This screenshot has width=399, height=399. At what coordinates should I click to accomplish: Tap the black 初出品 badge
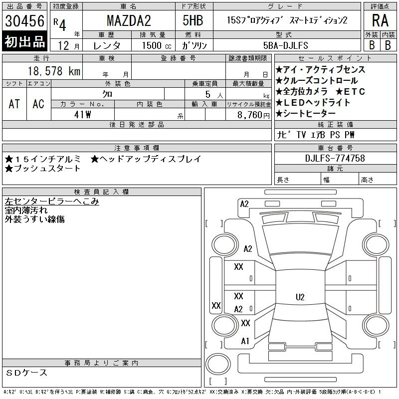pyautogui.click(x=24, y=42)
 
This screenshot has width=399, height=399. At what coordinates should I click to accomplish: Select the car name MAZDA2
pyautogui.click(x=129, y=21)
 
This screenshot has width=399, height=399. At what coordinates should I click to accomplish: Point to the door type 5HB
pyautogui.click(x=193, y=21)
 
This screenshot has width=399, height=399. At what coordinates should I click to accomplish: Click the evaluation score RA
pyautogui.click(x=381, y=21)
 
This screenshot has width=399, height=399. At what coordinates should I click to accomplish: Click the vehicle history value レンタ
pyautogui.click(x=107, y=45)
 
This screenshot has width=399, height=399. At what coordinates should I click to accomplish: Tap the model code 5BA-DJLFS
pyautogui.click(x=286, y=45)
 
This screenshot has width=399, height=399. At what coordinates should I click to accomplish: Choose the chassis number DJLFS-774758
pyautogui.click(x=335, y=159)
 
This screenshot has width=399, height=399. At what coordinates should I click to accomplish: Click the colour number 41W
pyautogui.click(x=82, y=114)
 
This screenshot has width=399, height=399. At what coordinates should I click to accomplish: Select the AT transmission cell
pyautogui.click(x=14, y=104)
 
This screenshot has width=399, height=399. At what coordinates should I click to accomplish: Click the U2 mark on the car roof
pyautogui.click(x=300, y=297)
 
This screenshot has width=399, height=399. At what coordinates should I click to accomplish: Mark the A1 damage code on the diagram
pyautogui.click(x=245, y=341)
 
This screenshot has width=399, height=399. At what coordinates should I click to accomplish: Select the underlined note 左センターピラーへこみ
pyautogui.click(x=52, y=201)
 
